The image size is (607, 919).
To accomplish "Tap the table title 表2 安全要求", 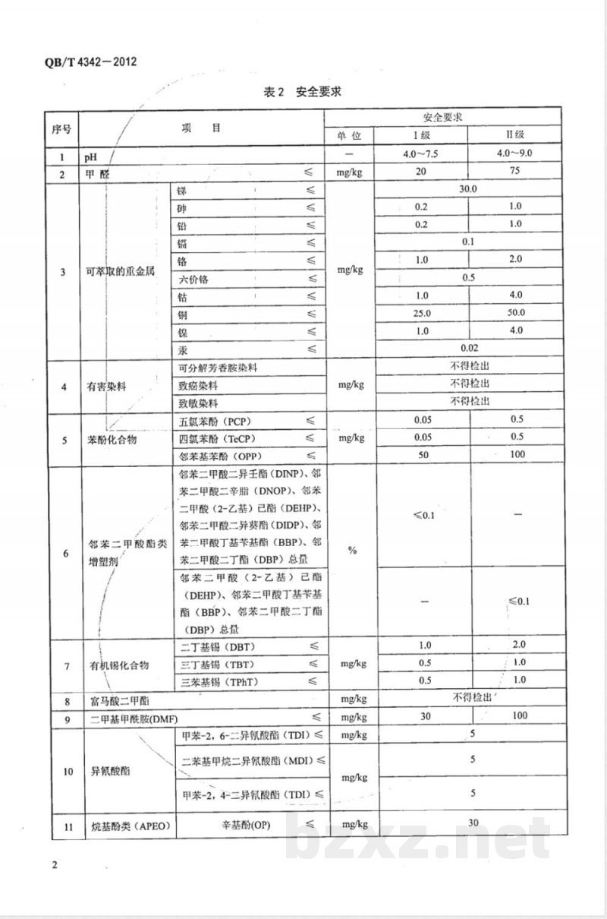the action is click(x=303, y=92).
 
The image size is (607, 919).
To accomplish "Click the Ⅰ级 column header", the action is click(x=421, y=135).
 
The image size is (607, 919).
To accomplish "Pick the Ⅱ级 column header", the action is click(x=515, y=135).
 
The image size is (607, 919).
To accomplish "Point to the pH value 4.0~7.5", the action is click(x=421, y=154).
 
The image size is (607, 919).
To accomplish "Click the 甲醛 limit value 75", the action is click(x=515, y=172).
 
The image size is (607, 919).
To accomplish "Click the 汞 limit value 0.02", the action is click(x=468, y=348).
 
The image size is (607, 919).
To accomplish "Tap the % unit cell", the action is click(x=352, y=551).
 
